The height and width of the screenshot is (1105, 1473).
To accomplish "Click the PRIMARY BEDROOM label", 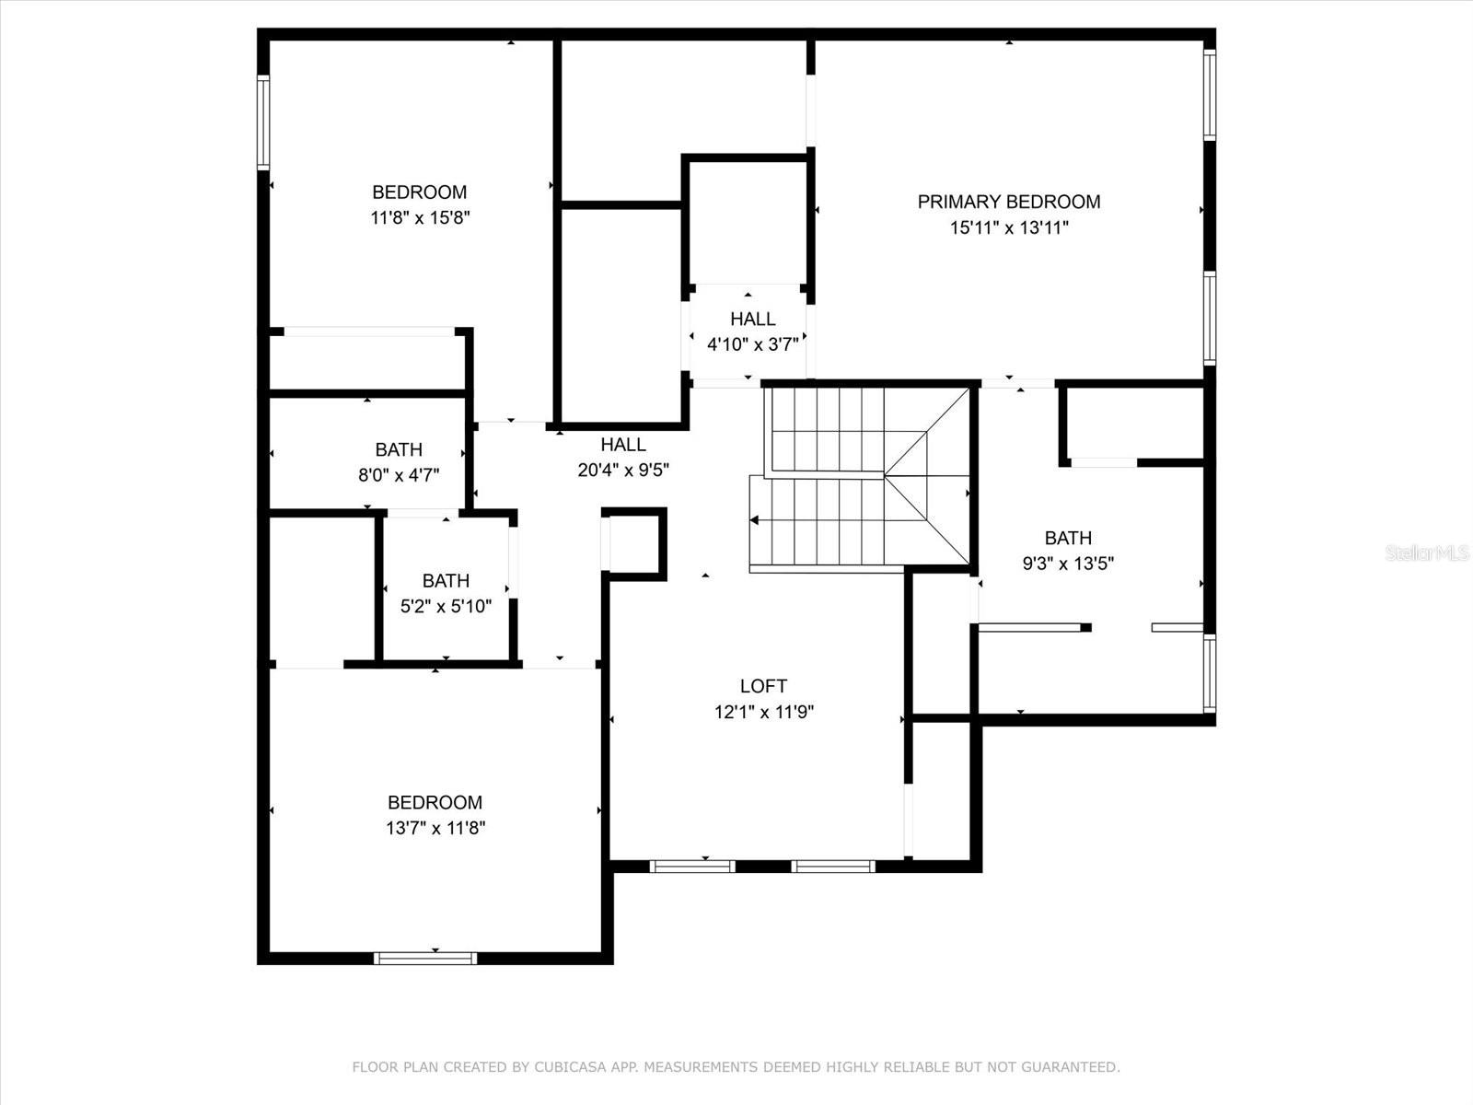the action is click(1009, 202).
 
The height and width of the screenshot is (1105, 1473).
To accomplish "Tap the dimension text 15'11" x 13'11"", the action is click(1009, 228).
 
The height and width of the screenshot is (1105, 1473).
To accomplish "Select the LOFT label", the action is click(763, 686).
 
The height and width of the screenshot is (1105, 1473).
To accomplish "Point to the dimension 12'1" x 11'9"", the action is click(764, 712).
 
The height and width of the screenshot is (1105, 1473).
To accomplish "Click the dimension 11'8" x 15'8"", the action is click(420, 218).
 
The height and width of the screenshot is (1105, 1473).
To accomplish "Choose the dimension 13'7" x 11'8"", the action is click(435, 828).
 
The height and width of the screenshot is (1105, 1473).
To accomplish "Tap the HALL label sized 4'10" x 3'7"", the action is click(753, 319).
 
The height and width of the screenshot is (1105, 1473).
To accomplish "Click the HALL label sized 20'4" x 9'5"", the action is click(623, 444).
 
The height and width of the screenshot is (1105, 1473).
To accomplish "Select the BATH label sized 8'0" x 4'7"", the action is click(399, 449).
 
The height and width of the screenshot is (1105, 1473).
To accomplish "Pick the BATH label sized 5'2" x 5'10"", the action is click(446, 580).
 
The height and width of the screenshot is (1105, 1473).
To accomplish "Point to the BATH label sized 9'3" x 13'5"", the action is click(1068, 538).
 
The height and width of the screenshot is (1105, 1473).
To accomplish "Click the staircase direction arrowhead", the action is click(754, 520).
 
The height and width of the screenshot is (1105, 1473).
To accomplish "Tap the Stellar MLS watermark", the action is click(1427, 552).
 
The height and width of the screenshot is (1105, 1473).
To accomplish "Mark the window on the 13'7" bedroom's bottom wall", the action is click(425, 958).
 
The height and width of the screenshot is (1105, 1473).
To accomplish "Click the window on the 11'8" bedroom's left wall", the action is click(263, 122).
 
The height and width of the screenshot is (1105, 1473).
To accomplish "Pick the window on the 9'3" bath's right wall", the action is click(1210, 673).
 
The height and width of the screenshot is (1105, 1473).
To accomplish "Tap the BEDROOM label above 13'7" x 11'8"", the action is click(435, 802).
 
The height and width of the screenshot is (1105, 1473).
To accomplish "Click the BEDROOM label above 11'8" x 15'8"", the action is click(420, 192).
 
